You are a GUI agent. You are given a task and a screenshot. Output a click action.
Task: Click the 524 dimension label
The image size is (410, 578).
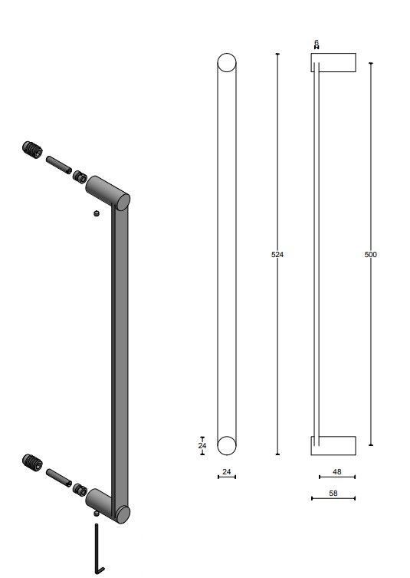[277, 254]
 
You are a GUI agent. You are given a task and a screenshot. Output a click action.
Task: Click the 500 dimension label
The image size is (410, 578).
[371, 254]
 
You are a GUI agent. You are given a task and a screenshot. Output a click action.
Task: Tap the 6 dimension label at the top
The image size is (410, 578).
[317, 43]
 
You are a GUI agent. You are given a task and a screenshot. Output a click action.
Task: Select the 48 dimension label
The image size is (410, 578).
[336, 471]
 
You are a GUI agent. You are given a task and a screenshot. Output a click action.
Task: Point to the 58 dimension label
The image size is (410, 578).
[333, 494]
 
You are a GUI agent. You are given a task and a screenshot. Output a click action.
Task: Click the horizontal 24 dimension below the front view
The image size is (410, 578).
[227, 472]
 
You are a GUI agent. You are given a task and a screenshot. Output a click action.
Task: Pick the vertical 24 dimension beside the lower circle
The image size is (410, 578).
[202, 446]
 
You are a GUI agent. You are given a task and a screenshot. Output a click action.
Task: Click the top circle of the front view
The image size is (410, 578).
[227, 63]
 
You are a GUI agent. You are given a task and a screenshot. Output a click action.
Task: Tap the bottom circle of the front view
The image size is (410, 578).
[227, 446]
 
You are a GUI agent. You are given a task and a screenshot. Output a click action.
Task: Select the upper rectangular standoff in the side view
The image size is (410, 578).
[333, 62]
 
